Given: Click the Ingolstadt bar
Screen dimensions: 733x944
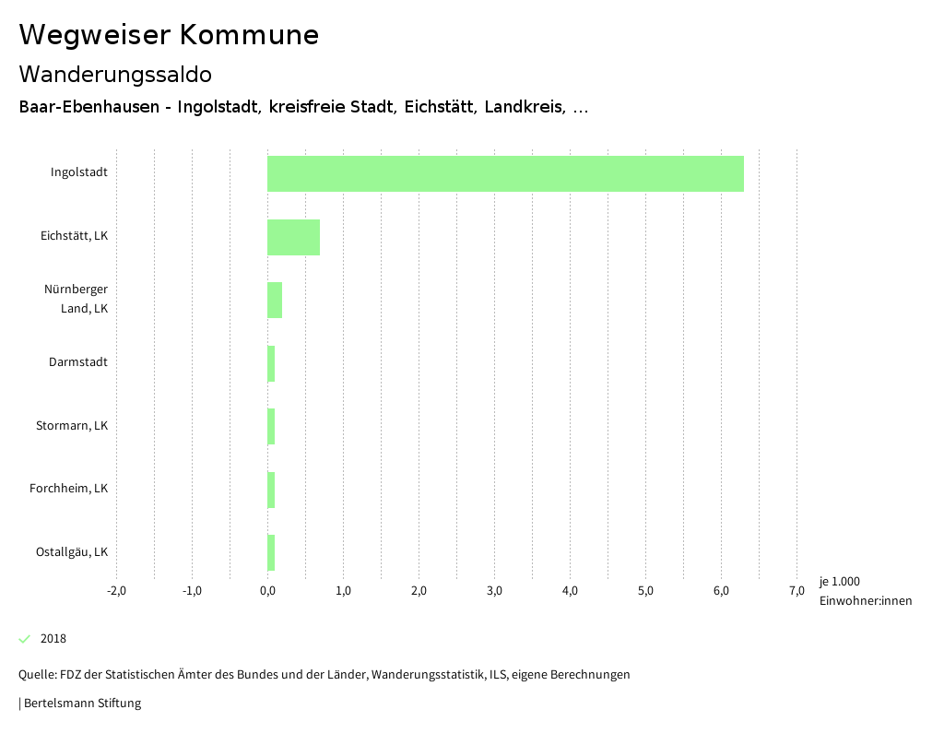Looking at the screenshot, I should [x=505, y=173].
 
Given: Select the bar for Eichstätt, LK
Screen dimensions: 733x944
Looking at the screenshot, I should [x=293, y=237].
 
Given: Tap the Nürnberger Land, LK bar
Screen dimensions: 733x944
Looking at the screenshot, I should [x=275, y=300].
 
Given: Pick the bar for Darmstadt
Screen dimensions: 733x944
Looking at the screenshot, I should [x=271, y=363].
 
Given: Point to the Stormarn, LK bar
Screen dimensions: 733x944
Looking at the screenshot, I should [x=271, y=426].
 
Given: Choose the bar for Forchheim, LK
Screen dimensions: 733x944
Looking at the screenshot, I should [x=271, y=490].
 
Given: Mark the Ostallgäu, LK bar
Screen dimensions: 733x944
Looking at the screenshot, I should [x=271, y=552].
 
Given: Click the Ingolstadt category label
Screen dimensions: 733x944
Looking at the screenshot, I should [x=79, y=172].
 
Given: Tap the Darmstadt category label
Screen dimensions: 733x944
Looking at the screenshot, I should [x=78, y=362].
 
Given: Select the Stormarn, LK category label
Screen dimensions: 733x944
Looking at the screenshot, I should [x=72, y=426].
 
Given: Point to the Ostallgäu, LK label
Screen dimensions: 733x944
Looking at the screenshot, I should [x=72, y=552].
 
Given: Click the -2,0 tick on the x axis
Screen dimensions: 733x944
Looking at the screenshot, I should [x=116, y=591].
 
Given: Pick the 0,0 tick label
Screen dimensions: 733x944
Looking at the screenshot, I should [x=267, y=591].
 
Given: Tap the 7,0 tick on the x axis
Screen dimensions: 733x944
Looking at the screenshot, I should [x=796, y=591].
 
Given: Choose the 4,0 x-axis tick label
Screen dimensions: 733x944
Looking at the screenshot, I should [x=570, y=591].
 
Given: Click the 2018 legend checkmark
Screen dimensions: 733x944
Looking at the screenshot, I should [x=25, y=639].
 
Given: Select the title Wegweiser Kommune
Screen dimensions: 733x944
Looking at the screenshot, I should [x=169, y=35].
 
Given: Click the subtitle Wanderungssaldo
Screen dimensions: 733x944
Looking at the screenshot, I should [x=115, y=74].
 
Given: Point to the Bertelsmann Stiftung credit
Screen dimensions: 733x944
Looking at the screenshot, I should [x=81, y=703].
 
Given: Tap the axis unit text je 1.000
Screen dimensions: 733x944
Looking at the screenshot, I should [x=839, y=582].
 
